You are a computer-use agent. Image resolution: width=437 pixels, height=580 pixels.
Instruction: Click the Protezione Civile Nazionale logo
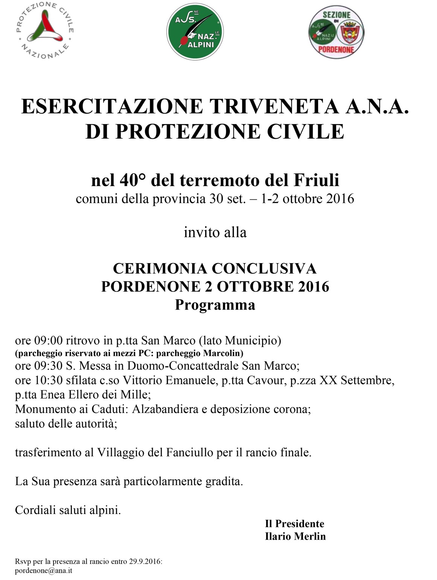(x=45, y=31)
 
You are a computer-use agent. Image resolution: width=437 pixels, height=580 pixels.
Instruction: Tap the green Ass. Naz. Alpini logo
(x=195, y=32)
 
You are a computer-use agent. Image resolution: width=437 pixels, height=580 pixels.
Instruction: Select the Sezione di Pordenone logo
(x=336, y=32)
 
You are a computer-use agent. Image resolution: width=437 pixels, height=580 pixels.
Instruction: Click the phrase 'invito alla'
(x=215, y=232)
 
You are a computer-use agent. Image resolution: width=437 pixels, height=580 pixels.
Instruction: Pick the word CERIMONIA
(x=160, y=268)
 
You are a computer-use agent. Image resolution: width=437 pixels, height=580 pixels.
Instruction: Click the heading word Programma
(x=215, y=305)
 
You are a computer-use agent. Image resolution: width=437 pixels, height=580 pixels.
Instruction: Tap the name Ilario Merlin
(x=295, y=536)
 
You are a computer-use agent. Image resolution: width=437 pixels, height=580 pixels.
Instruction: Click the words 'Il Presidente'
(x=294, y=524)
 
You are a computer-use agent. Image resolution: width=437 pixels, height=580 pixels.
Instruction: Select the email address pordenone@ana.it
(x=44, y=571)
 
